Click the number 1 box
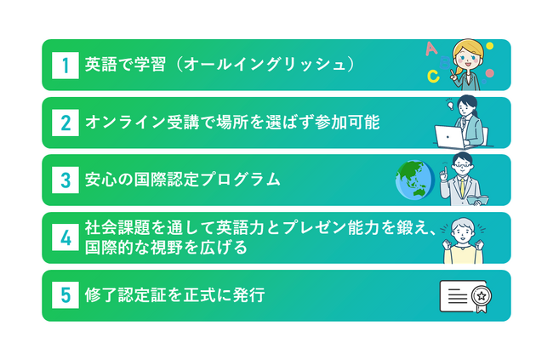click(66, 66)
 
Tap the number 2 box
click(66, 123)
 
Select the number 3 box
click(66, 180)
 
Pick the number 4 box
click(66, 237)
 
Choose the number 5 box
click(66, 295)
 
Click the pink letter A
click(431, 49)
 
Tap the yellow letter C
click(433, 76)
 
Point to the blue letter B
click(445, 63)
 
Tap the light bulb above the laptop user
click(450, 106)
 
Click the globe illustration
click(415, 180)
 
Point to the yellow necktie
click(462, 188)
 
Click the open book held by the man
click(477, 200)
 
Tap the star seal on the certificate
click(482, 296)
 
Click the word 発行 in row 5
click(249, 294)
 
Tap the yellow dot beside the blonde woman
click(489, 46)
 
